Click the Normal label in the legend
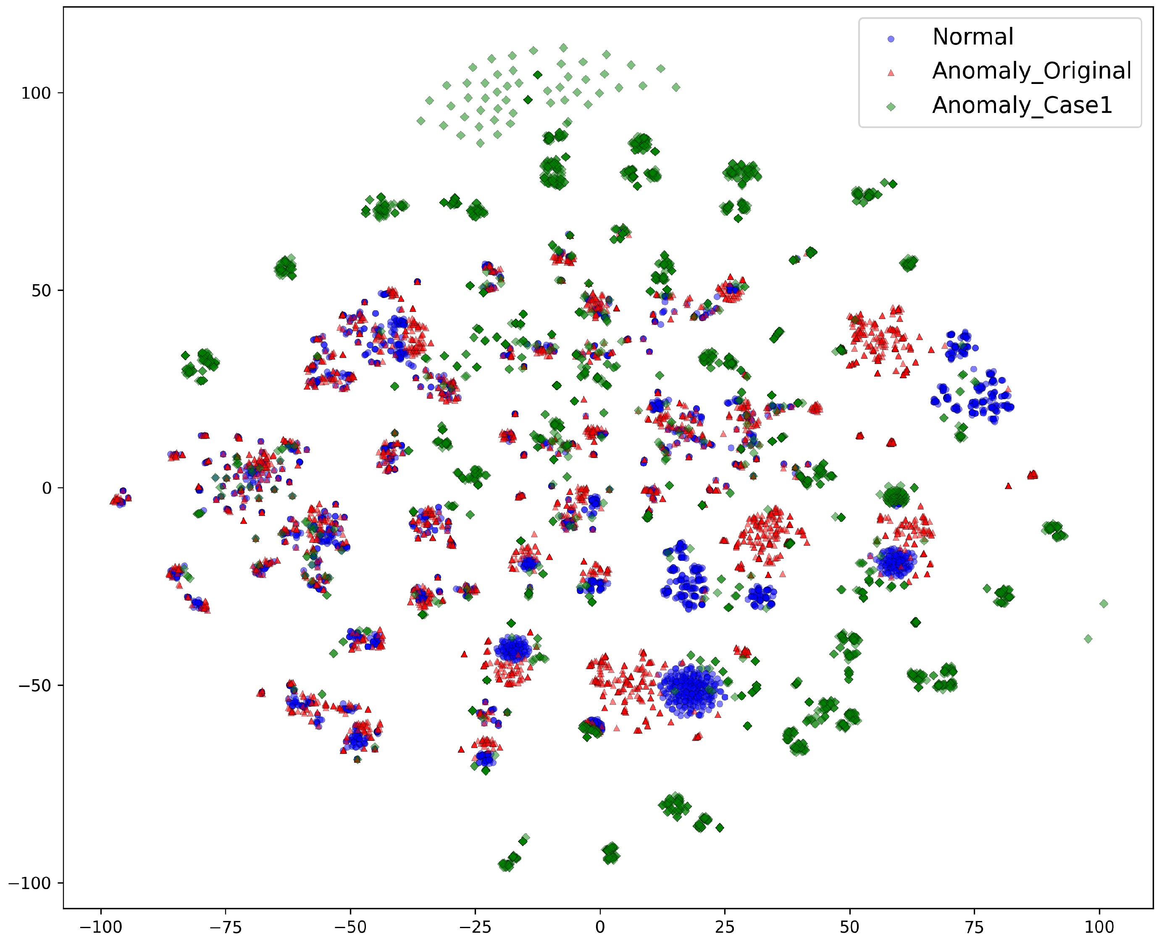point(972,37)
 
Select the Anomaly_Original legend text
point(1031,71)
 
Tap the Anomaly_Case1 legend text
point(1022,105)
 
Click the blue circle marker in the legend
point(891,39)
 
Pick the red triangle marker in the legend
point(891,73)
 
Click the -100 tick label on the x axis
point(100,927)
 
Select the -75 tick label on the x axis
point(225,927)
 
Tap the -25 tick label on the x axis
point(475,927)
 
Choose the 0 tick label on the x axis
point(600,927)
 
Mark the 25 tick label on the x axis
point(725,927)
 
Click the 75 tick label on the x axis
point(975,927)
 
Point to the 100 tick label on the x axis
point(1099,927)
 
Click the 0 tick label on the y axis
point(47,488)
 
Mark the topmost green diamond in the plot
point(563,48)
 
